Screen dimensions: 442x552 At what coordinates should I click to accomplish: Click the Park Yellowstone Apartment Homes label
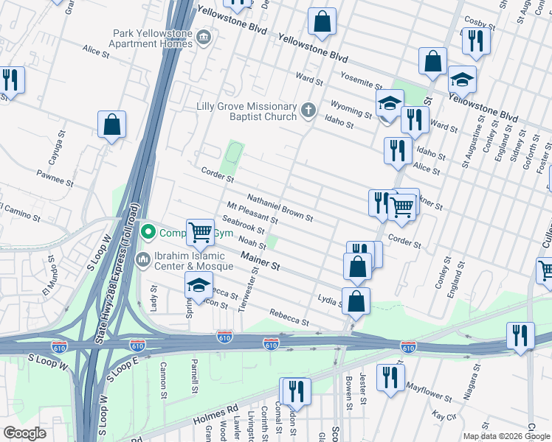152,38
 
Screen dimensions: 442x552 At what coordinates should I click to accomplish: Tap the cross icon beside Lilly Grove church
308,111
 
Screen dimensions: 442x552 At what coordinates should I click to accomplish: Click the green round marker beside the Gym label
148,233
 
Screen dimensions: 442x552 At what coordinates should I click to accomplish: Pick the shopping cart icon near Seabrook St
200,232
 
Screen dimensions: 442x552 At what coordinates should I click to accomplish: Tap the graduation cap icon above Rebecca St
198,284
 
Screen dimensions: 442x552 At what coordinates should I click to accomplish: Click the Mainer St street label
261,259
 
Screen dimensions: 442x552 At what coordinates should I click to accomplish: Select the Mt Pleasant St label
252,214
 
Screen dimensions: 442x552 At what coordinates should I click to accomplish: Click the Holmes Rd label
218,409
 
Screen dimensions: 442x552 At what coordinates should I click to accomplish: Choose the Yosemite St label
361,80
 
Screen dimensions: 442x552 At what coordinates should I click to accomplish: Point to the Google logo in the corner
25,433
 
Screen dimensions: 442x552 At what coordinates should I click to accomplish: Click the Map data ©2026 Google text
506,436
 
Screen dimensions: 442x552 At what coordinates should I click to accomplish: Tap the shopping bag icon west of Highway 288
111,126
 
